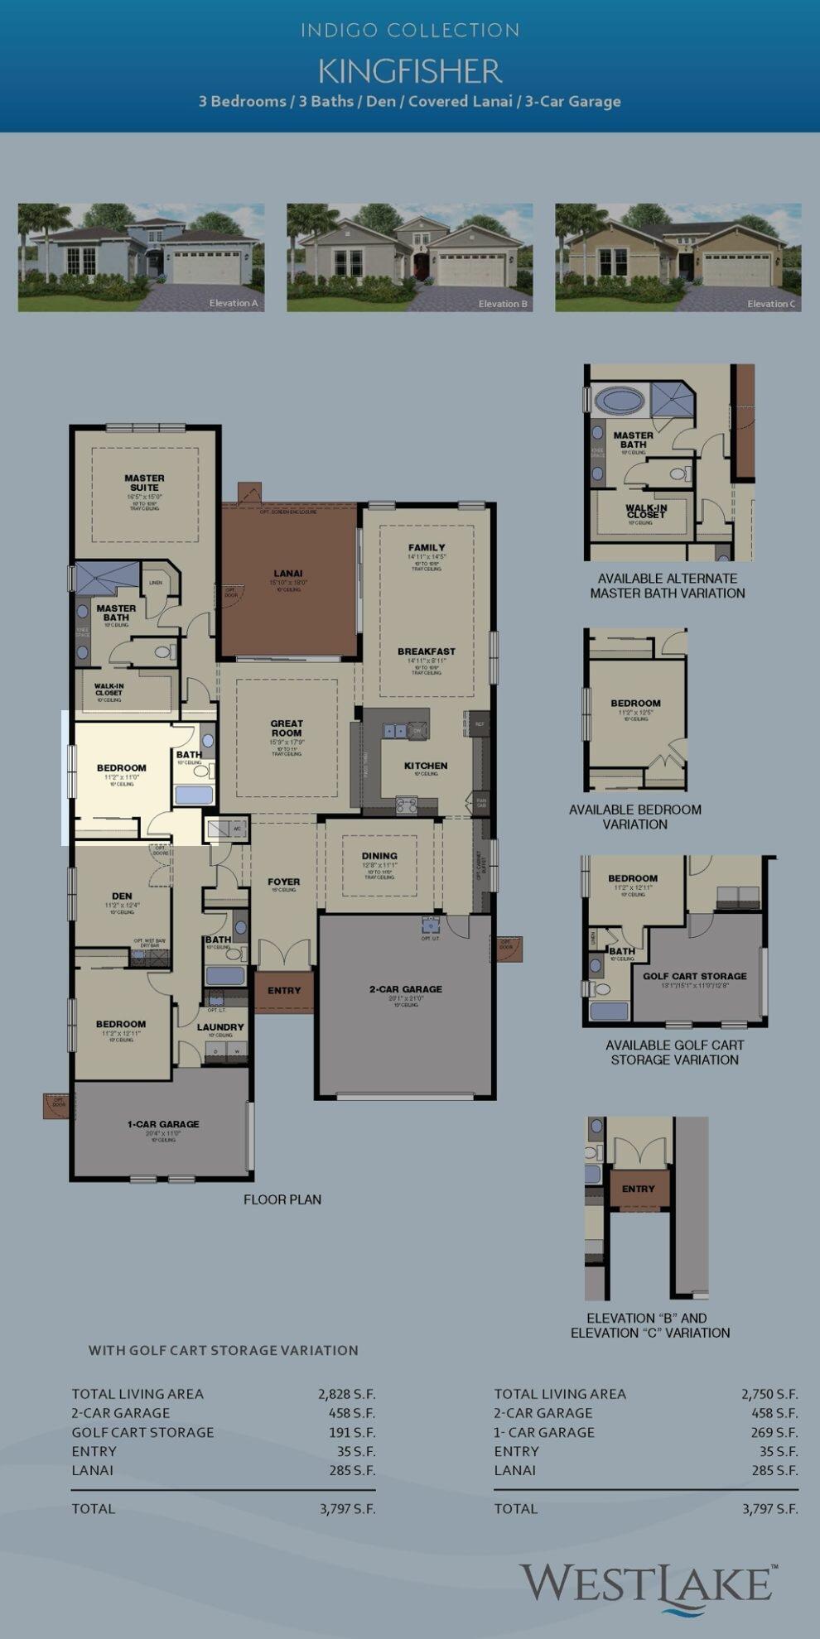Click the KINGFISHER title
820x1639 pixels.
pyautogui.click(x=410, y=72)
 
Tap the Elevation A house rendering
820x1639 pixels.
pyautogui.click(x=141, y=257)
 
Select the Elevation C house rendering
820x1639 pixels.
pyautogui.click(x=678, y=257)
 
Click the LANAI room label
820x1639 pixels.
pyautogui.click(x=288, y=573)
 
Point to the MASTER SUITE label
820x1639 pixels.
pyautogui.click(x=144, y=483)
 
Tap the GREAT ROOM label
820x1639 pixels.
pyautogui.click(x=287, y=728)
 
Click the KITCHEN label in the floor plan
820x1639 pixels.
pyautogui.click(x=426, y=766)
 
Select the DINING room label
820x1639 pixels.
pyautogui.click(x=379, y=856)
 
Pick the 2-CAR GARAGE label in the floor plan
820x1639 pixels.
pyautogui.click(x=406, y=989)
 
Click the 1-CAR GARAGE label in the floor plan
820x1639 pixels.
pyautogui.click(x=163, y=1124)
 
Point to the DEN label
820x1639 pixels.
pyautogui.click(x=122, y=896)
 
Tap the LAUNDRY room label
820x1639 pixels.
pyautogui.click(x=220, y=1027)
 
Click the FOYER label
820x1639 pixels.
pyautogui.click(x=284, y=882)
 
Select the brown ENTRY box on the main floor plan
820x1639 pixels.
pyautogui.click(x=284, y=991)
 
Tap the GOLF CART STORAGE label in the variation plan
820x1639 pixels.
pyautogui.click(x=695, y=976)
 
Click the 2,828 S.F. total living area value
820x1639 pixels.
pyautogui.click(x=346, y=1394)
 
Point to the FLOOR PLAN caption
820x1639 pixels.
pyautogui.click(x=282, y=1199)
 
